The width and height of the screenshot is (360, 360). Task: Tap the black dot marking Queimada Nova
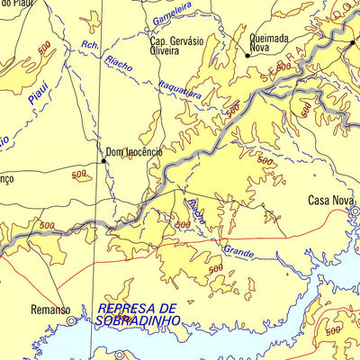click(x=248, y=56)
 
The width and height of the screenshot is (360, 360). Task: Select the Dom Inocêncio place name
click(x=134, y=152)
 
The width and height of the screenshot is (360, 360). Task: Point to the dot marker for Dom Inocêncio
click(x=102, y=161)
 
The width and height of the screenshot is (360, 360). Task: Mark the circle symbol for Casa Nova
click(x=355, y=212)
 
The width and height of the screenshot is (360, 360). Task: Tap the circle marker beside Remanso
click(x=69, y=319)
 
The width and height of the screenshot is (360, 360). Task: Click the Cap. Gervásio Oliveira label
click(x=176, y=45)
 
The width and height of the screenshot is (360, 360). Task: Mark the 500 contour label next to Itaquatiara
click(x=233, y=109)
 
